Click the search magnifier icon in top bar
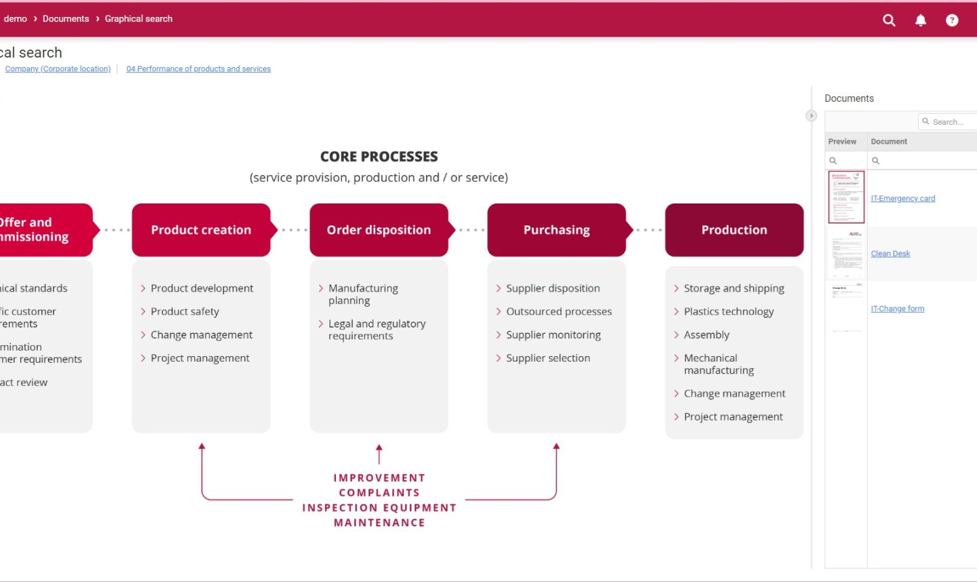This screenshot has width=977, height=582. click(889, 20)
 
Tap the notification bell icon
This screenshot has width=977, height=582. click(921, 20)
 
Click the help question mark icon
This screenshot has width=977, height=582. click(952, 20)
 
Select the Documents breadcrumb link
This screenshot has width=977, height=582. click(66, 19)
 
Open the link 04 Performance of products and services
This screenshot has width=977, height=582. click(198, 69)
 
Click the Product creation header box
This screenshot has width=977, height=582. click(201, 230)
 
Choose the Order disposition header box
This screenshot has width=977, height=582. click(379, 230)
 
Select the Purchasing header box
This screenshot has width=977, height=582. click(556, 230)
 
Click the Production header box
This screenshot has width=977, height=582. click(734, 230)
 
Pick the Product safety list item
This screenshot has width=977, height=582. click(185, 311)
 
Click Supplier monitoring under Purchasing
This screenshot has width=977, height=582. click(553, 334)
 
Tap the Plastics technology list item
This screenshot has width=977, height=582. click(729, 311)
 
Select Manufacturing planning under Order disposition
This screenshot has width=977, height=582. click(363, 294)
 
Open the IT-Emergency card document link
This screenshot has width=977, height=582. click(902, 199)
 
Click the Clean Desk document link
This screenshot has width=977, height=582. click(890, 254)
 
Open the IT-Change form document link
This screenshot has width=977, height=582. click(897, 309)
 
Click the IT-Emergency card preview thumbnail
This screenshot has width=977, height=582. click(846, 197)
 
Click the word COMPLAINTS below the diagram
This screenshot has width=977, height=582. click(379, 492)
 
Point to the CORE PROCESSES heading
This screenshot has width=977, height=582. click(379, 157)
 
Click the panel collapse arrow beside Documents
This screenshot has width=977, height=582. click(811, 116)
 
